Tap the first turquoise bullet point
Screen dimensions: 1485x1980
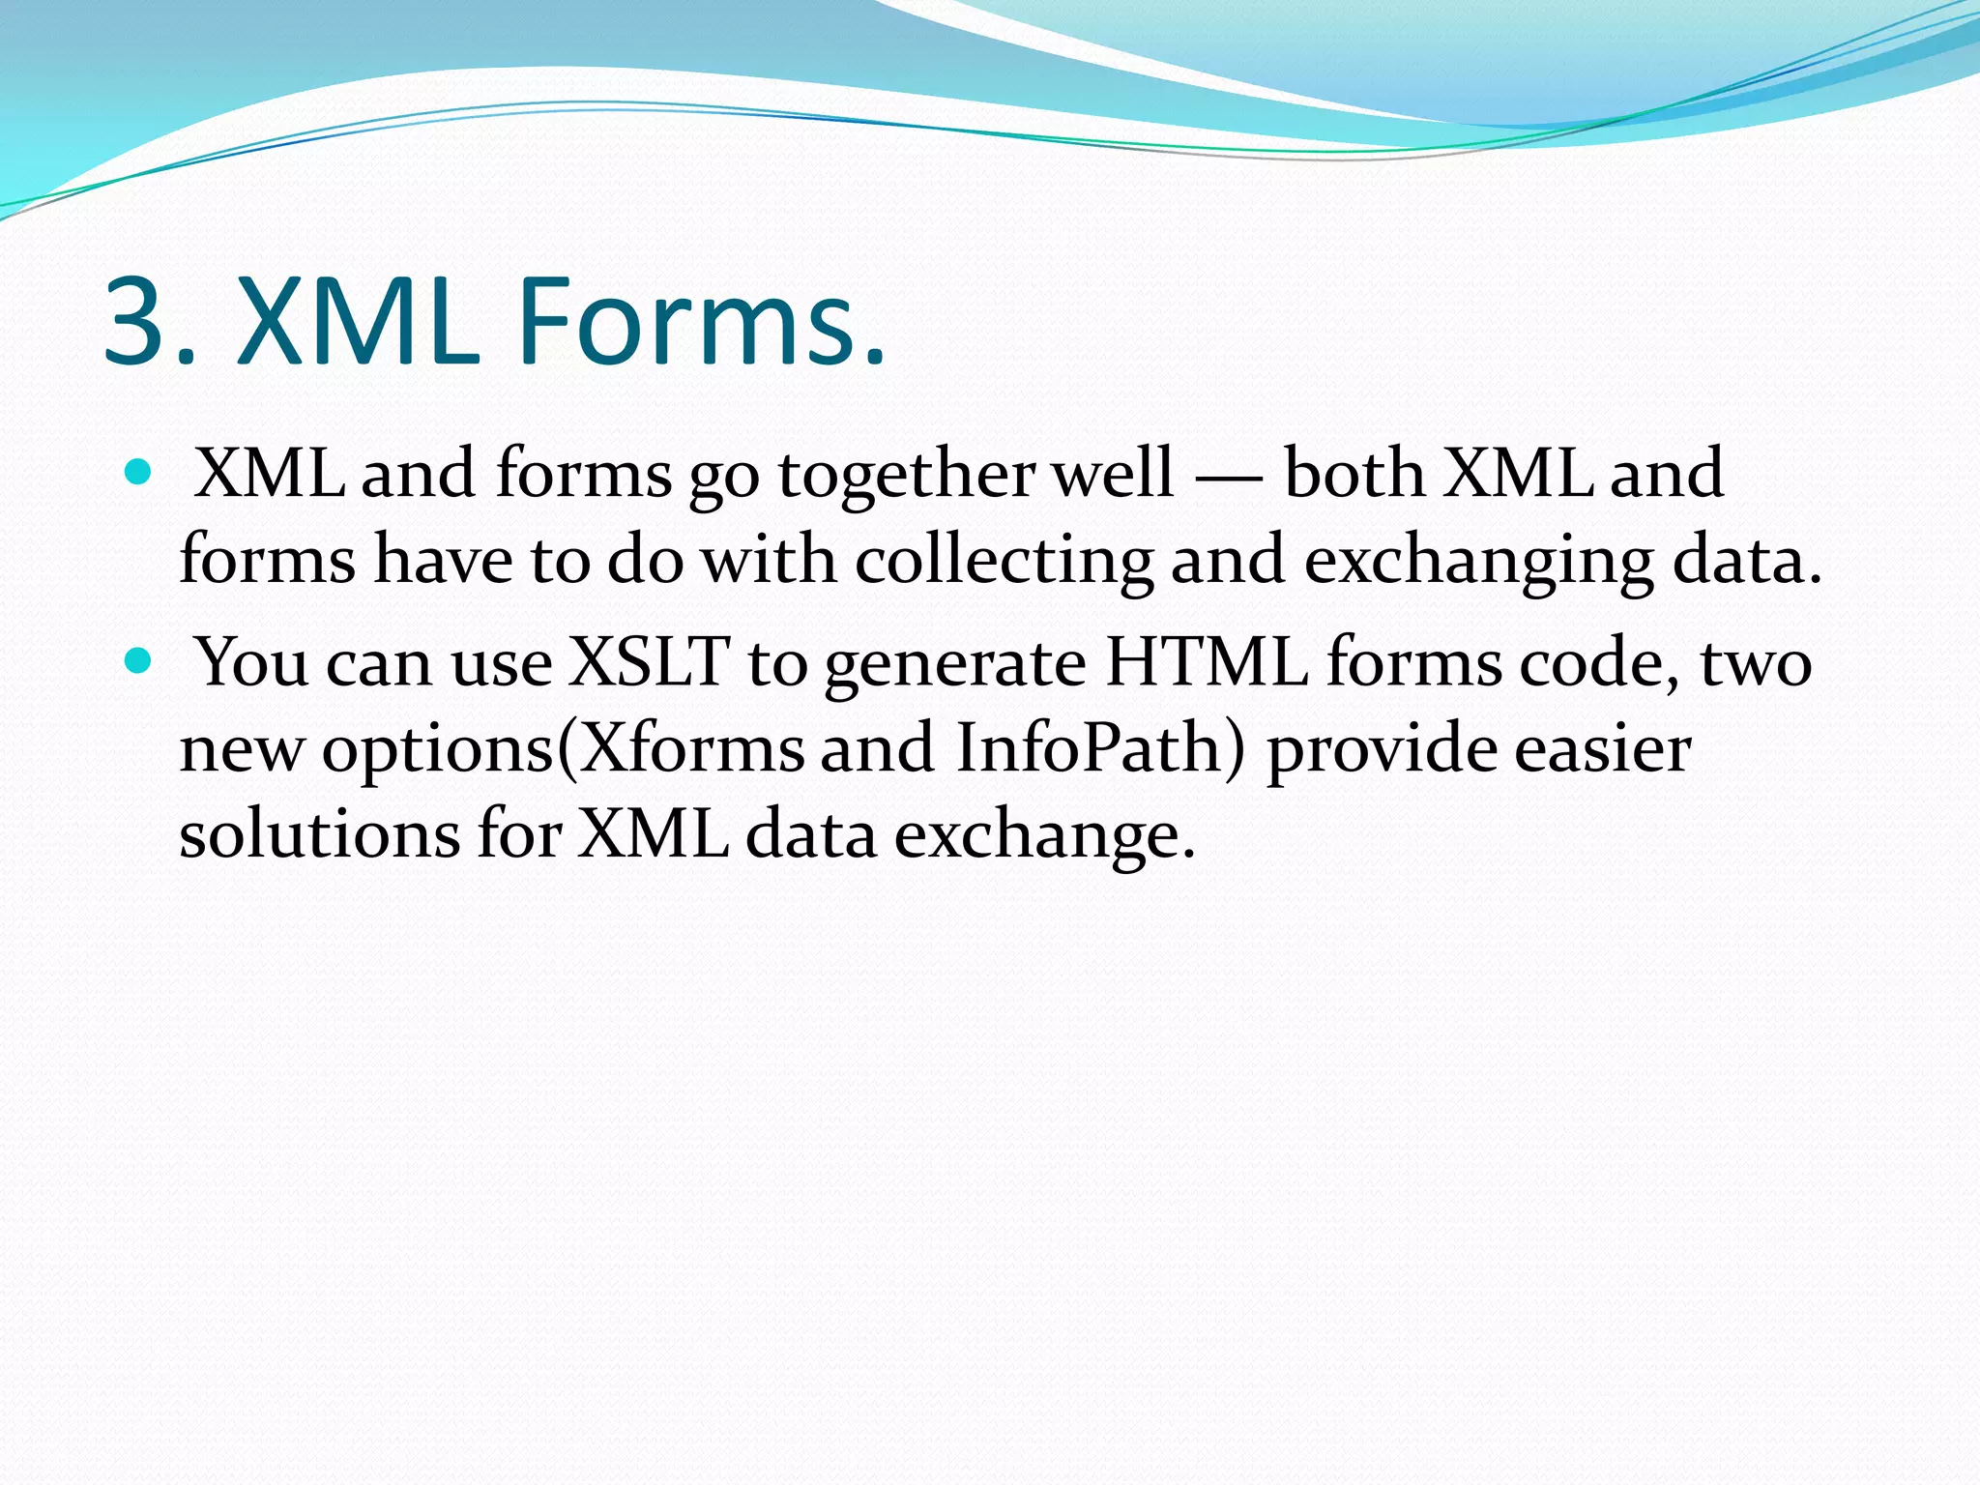point(139,472)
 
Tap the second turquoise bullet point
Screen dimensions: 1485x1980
point(139,661)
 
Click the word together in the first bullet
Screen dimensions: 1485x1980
point(906,476)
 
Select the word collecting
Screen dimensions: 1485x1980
point(1004,562)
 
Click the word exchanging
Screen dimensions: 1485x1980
point(1478,562)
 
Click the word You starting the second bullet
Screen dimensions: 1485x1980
point(251,663)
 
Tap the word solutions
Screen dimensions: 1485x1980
point(319,834)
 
